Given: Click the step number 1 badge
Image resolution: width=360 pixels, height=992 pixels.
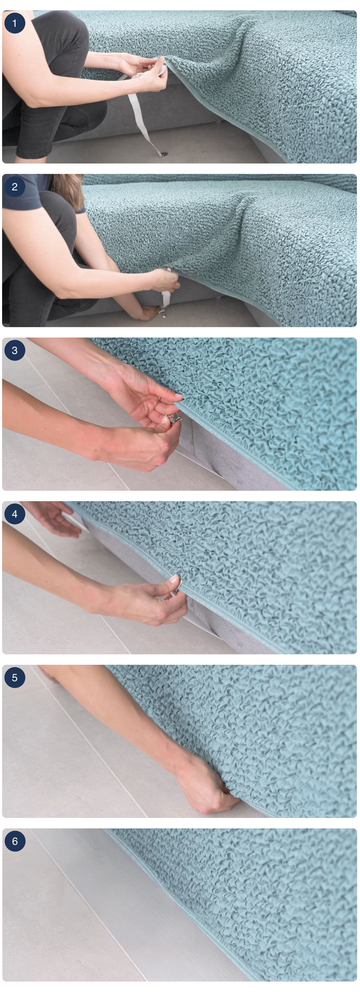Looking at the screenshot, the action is click(x=15, y=23).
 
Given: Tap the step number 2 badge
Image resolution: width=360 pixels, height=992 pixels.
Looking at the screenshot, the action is click(x=15, y=187).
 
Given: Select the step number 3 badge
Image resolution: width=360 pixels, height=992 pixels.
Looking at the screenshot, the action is click(x=15, y=351).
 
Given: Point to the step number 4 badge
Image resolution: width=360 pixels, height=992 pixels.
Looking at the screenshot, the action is click(x=15, y=514).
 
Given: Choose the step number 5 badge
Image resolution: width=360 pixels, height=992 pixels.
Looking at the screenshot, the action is click(x=15, y=677).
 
